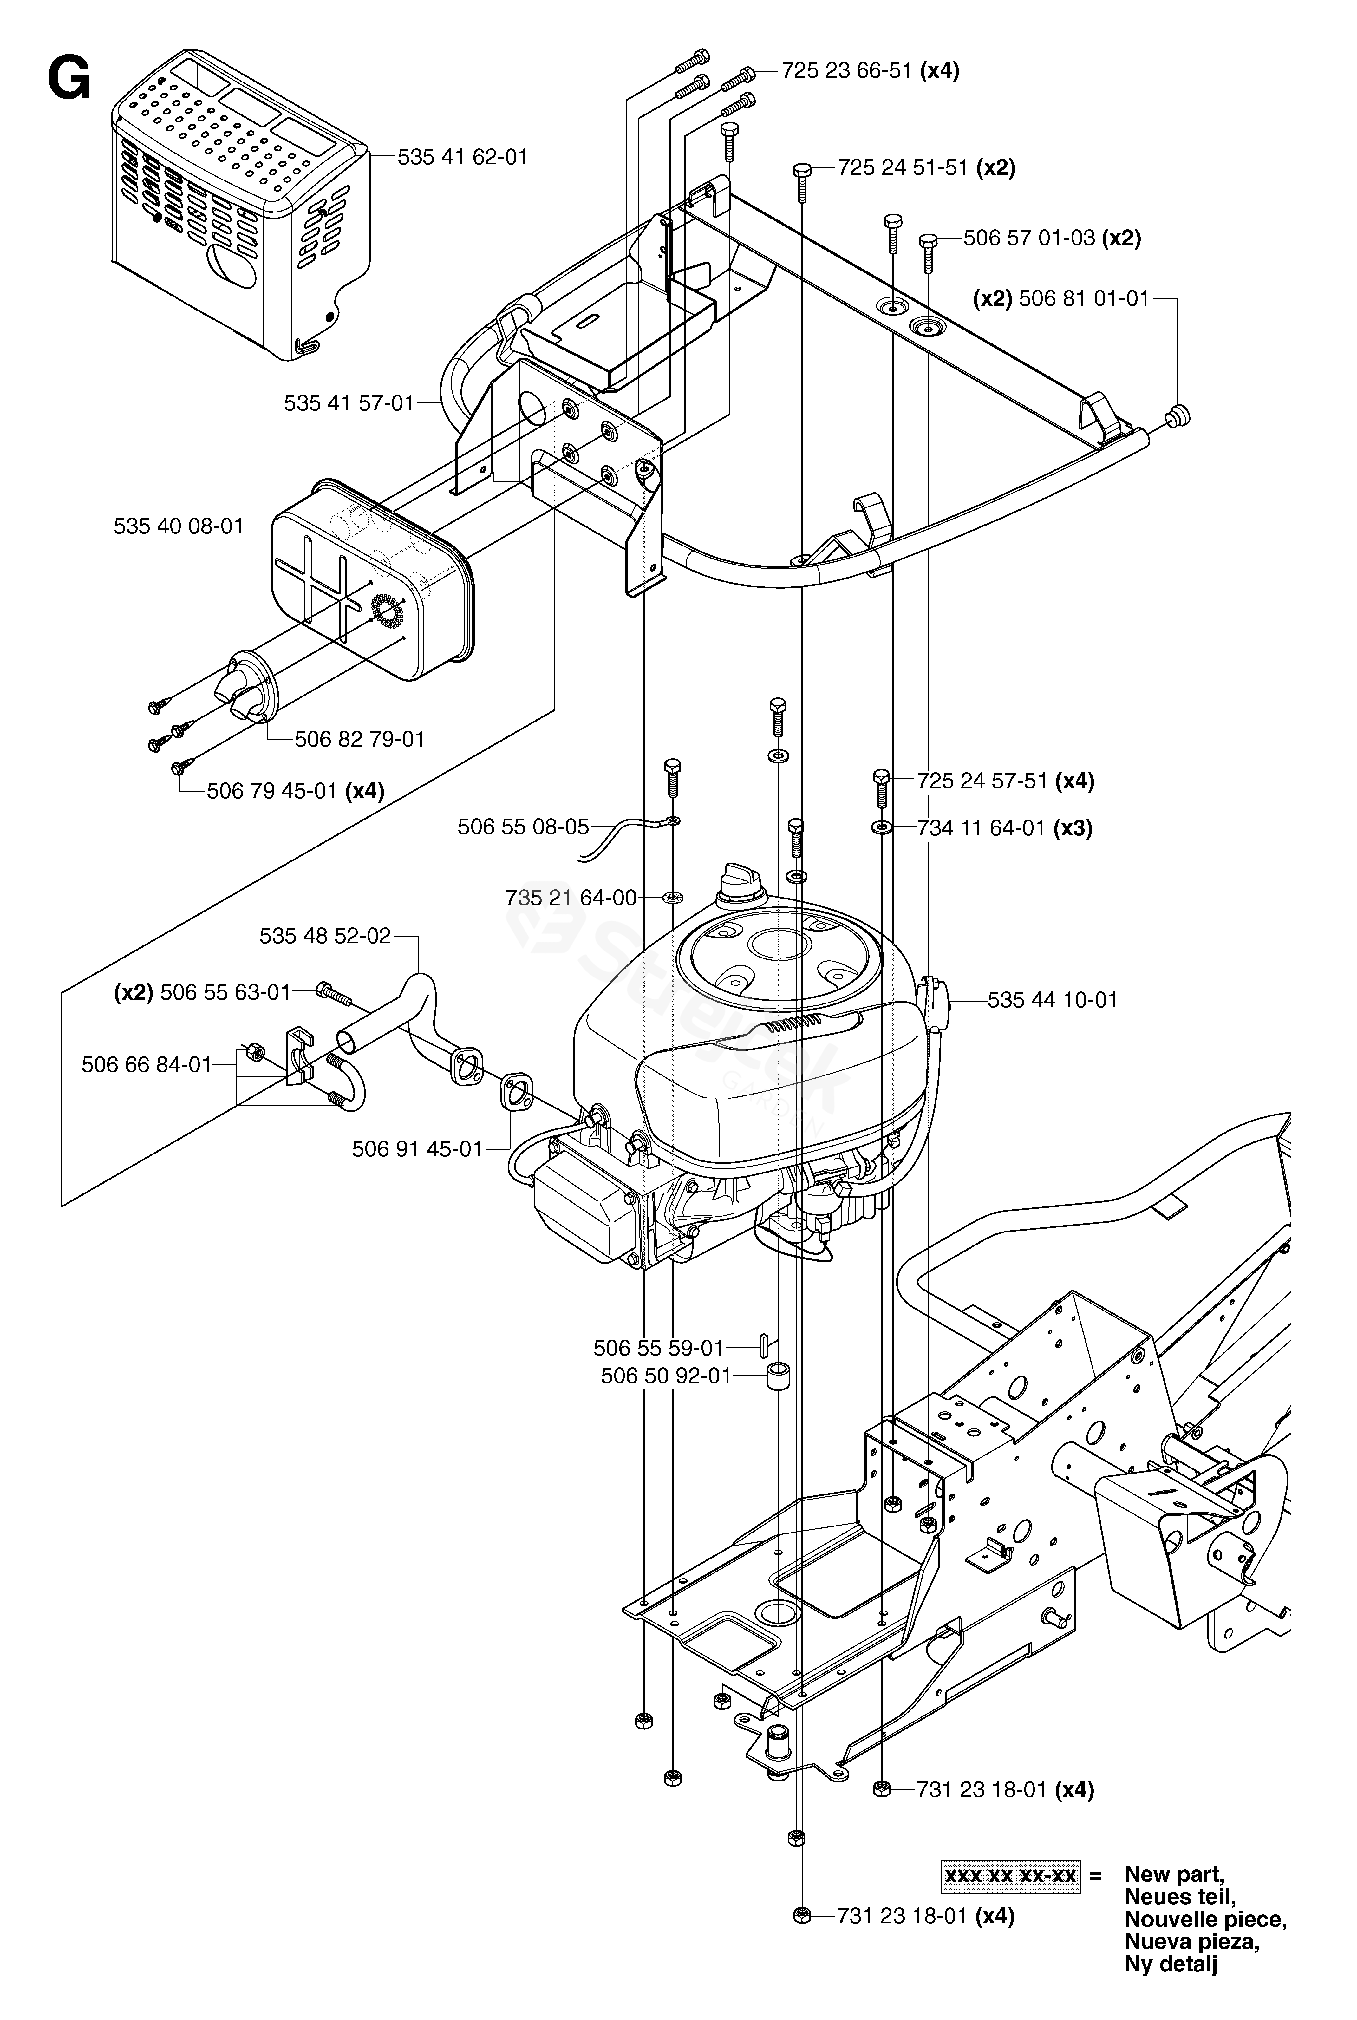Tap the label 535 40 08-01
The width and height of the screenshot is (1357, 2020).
click(x=179, y=526)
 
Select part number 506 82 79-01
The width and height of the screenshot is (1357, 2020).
click(x=360, y=739)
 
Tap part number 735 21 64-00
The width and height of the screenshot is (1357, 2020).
click(x=571, y=898)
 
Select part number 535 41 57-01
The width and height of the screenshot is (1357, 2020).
click(x=349, y=403)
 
